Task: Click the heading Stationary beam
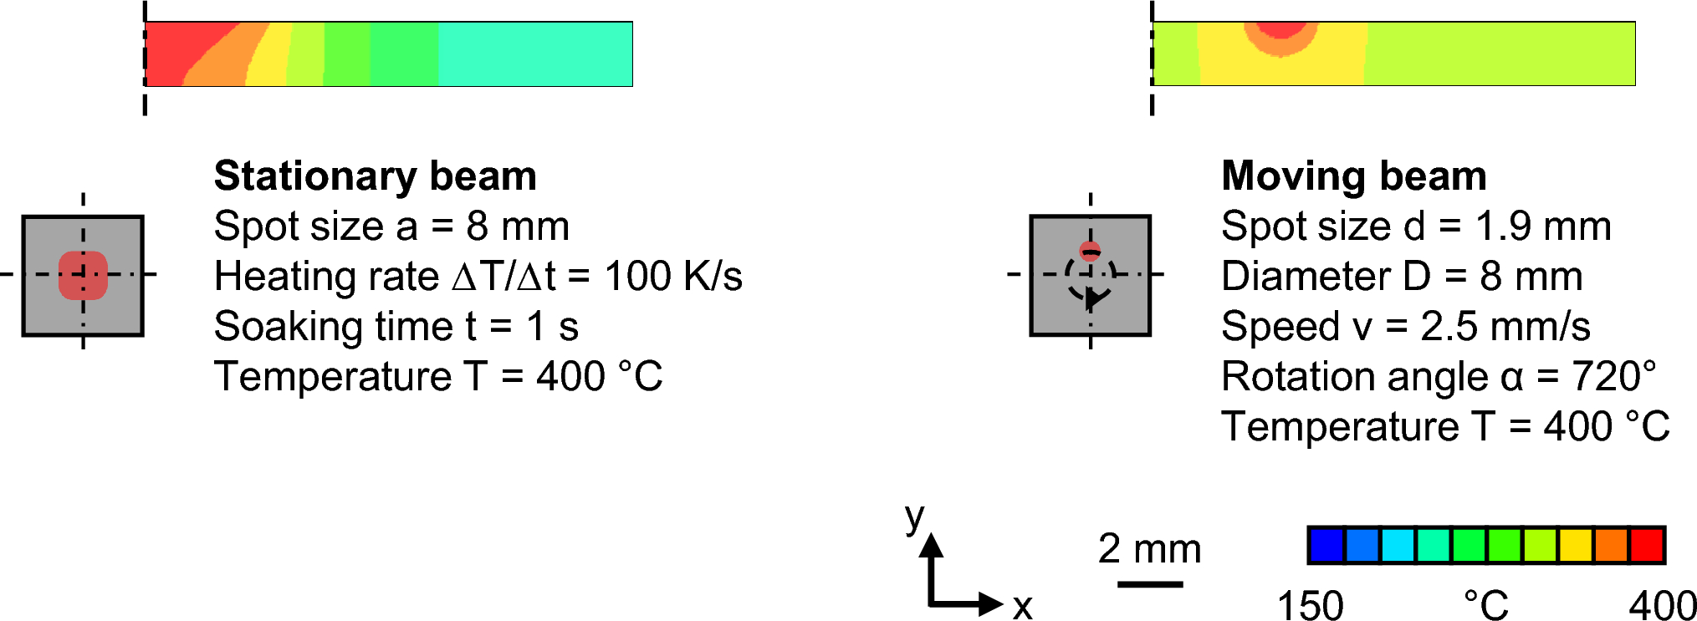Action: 375,176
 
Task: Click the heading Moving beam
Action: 1353,176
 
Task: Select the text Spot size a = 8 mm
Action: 391,227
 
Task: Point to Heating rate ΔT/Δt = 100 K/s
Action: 478,277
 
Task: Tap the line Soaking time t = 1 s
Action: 396,327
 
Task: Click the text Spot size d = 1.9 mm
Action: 1415,227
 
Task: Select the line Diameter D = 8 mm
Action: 1401,277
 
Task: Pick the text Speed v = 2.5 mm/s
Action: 1405,327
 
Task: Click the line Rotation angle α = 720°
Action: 1438,377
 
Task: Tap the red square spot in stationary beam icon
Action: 83,275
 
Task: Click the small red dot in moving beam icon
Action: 1090,251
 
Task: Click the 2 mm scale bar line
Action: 1149,583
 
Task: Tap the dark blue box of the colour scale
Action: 1326,545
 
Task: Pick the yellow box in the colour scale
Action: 1576,545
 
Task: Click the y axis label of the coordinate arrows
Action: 915,517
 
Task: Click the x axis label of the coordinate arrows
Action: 1022,607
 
